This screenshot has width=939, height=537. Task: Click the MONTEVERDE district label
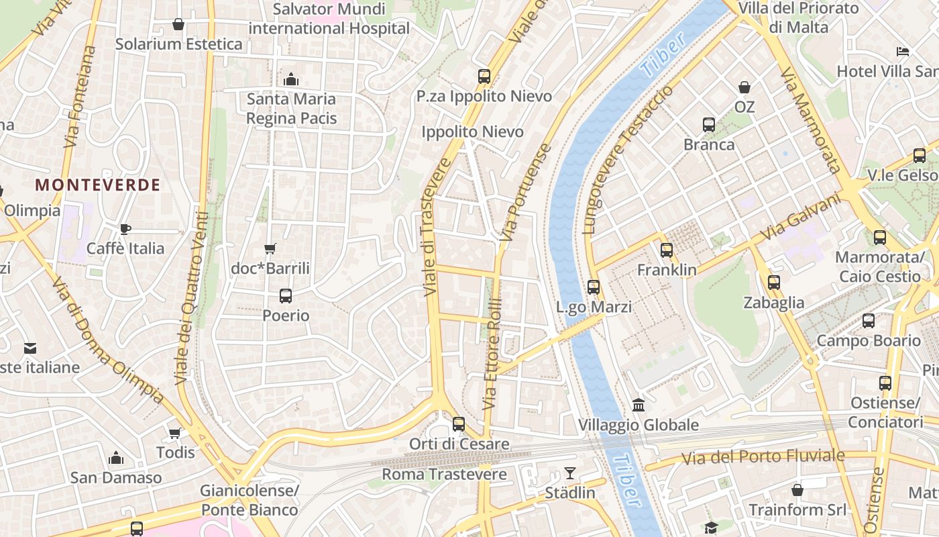97,185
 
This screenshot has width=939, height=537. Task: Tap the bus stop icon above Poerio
286,295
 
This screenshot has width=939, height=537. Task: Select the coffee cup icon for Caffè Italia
125,229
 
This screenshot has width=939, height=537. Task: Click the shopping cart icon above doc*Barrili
270,249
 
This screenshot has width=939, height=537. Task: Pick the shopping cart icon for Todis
175,433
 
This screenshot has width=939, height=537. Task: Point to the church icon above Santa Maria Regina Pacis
290,79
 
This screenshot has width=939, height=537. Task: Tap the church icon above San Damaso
116,458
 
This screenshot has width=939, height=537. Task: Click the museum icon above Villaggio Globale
639,405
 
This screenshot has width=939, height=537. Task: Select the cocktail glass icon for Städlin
569,473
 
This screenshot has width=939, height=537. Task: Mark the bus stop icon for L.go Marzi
594,287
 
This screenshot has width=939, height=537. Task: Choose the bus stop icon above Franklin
666,250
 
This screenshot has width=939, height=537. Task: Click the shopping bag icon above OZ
744,87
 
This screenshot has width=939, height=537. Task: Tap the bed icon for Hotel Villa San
903,52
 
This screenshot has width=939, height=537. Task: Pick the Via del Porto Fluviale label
763,457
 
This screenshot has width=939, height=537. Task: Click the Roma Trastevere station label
444,474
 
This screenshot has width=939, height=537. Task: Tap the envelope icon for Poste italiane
30,348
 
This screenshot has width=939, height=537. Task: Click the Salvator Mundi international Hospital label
329,19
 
